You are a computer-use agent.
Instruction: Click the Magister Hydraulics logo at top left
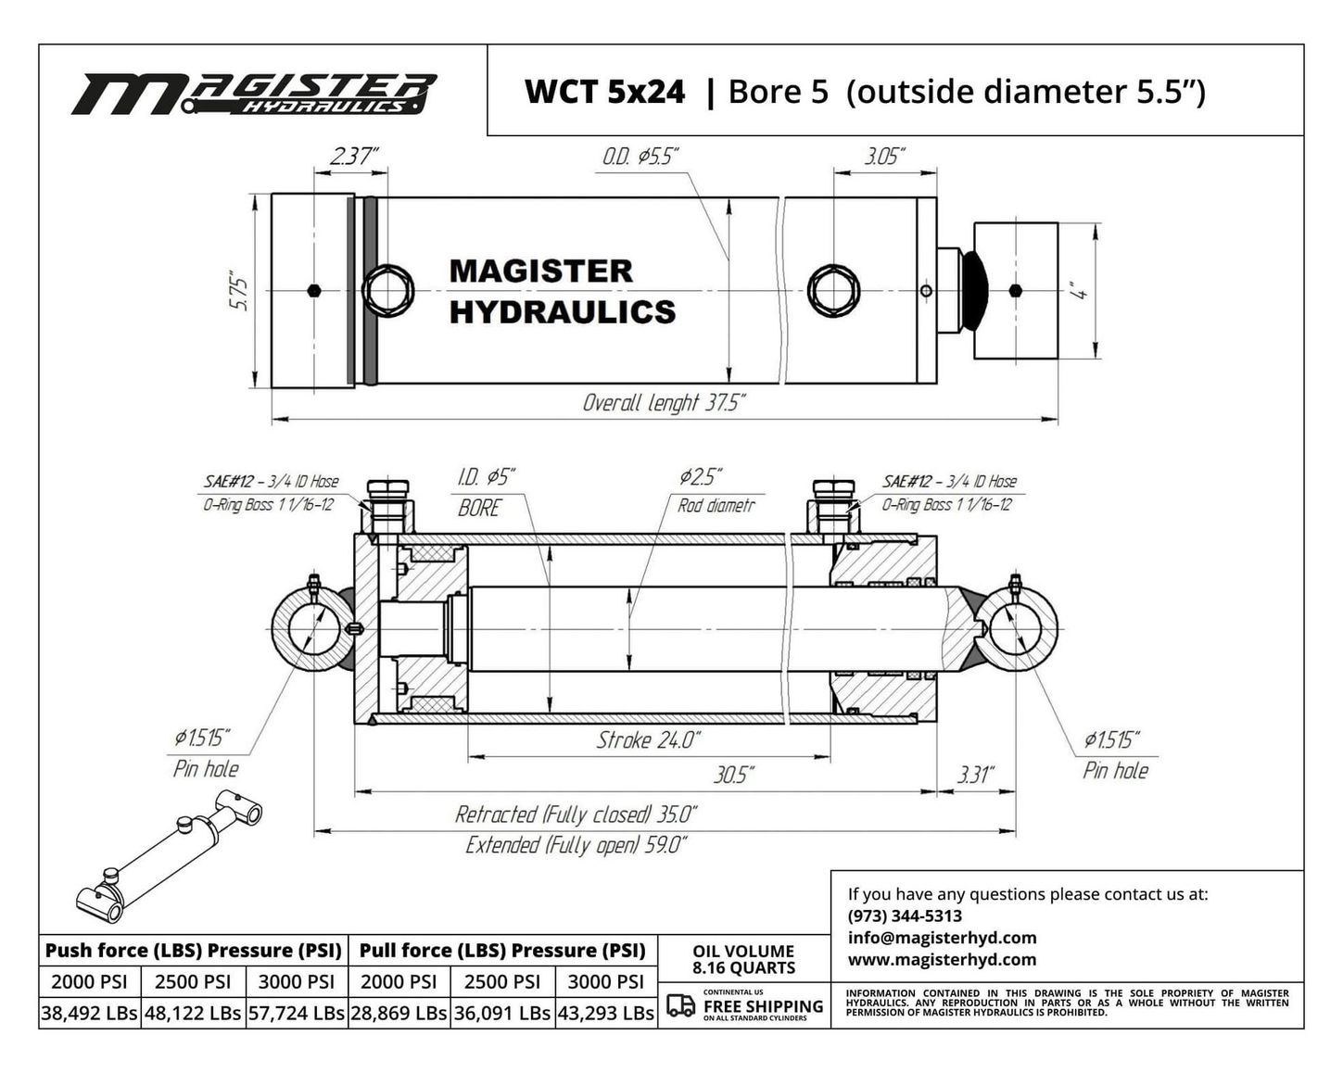point(254,95)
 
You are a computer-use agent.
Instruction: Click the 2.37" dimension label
point(354,156)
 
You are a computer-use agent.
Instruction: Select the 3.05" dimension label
point(884,156)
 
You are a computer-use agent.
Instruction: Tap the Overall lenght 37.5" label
point(664,403)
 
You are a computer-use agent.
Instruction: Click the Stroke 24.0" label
point(649,740)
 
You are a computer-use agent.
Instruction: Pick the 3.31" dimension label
point(975,776)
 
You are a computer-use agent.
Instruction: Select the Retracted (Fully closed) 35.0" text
point(576,814)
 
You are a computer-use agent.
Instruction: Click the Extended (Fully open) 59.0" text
point(576,845)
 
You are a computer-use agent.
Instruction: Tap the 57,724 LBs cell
point(297,1013)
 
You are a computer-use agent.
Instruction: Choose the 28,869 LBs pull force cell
point(399,1013)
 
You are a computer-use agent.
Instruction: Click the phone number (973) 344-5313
point(905,915)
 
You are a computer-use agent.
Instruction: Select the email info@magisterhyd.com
point(942,938)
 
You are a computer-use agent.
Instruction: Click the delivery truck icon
point(680,1005)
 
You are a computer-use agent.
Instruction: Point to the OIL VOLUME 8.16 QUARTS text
point(743,959)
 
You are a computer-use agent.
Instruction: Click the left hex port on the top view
point(387,291)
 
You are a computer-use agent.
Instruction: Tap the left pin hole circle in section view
point(312,628)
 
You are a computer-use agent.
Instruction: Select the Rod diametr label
point(716,505)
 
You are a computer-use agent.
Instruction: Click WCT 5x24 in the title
point(604,92)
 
